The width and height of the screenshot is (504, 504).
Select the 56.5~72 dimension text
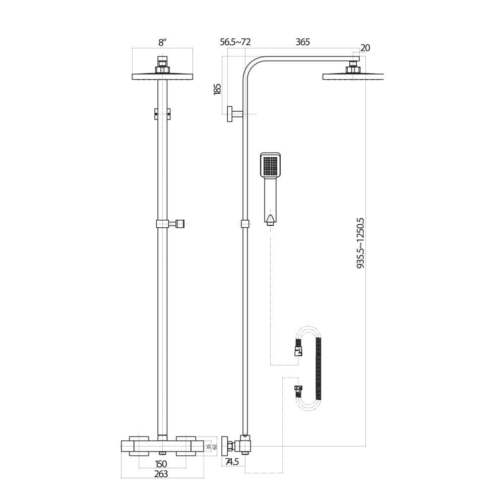235,42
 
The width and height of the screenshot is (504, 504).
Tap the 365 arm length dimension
302,42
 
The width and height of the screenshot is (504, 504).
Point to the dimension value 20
365,48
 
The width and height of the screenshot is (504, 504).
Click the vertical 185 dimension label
217,89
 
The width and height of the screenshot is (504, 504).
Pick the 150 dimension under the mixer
161,463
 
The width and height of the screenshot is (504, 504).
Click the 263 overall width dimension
161,474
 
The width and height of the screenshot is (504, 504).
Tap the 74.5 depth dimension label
232,462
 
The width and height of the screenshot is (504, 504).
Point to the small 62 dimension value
214,447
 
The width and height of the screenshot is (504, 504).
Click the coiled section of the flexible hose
319,368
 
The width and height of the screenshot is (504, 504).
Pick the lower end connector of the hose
298,390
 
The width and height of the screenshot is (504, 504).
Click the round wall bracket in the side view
230,114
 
